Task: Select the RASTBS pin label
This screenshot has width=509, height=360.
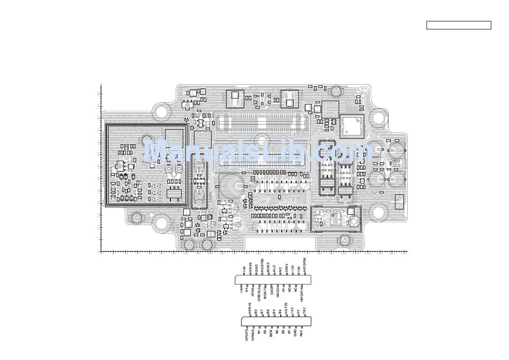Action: pos(263,265)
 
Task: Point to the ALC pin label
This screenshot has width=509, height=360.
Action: pos(274,268)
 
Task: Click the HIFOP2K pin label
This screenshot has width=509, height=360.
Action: pos(305,265)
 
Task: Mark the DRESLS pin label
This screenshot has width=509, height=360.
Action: pos(259,294)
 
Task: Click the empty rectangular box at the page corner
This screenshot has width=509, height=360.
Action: pos(459,25)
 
